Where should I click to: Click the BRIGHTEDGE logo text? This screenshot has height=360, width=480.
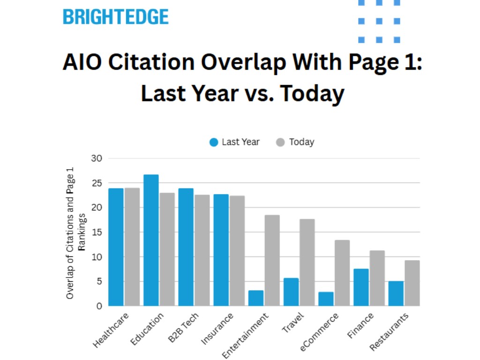click(115, 17)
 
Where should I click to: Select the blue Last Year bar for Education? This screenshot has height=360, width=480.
click(151, 240)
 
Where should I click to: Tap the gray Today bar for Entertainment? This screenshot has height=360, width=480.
click(272, 260)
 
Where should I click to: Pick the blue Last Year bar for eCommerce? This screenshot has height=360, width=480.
click(326, 299)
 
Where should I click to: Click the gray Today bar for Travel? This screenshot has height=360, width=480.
click(307, 262)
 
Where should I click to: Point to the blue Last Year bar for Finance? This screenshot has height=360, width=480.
click(361, 287)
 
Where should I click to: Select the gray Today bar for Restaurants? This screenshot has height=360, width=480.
click(412, 283)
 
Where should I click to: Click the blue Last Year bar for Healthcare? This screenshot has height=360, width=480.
click(116, 247)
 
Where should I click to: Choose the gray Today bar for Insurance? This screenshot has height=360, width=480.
click(237, 251)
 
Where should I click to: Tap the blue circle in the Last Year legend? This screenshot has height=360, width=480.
click(214, 142)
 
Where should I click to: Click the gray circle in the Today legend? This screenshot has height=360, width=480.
click(280, 142)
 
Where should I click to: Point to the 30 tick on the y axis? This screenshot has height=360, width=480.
click(97, 158)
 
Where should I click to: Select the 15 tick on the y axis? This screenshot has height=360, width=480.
click(97, 232)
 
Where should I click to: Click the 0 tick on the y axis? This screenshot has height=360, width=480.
click(99, 306)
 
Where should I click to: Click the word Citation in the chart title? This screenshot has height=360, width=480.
click(163, 63)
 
